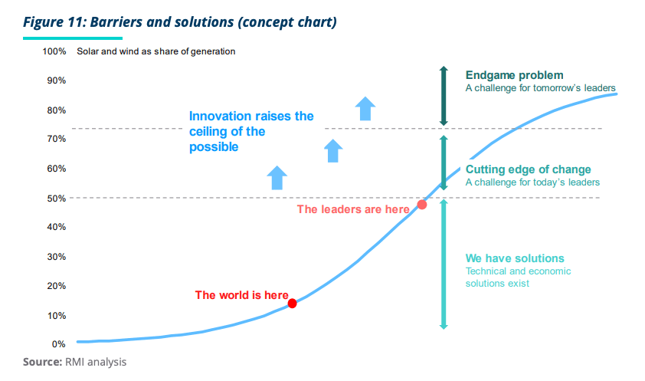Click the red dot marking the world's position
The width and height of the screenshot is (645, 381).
point(292,304)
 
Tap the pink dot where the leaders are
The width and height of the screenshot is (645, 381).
point(422,205)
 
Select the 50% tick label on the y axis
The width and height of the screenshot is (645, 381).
point(57,199)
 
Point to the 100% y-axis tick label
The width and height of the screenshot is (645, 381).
point(54,51)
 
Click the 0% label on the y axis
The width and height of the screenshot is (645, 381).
point(58,344)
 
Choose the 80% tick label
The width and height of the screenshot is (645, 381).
point(57,110)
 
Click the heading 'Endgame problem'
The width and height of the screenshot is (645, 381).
point(514,75)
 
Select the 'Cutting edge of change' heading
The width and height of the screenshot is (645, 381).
point(528,169)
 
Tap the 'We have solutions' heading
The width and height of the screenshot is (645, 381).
point(515,258)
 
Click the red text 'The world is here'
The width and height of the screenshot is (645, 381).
point(241,295)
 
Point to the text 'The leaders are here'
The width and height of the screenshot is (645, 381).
point(353,209)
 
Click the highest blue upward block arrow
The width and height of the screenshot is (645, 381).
point(365,109)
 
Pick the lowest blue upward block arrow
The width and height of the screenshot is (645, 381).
point(277,178)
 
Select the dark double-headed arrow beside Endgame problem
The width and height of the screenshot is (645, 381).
point(444,96)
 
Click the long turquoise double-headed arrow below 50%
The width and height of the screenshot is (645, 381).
point(444,264)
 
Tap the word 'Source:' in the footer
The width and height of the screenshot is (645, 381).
point(42,362)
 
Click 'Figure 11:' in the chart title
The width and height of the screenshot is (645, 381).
point(54,21)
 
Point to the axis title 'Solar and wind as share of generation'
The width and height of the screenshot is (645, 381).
point(156,51)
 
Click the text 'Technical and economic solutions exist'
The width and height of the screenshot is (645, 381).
point(518,278)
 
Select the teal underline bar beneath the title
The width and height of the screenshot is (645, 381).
point(73,38)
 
